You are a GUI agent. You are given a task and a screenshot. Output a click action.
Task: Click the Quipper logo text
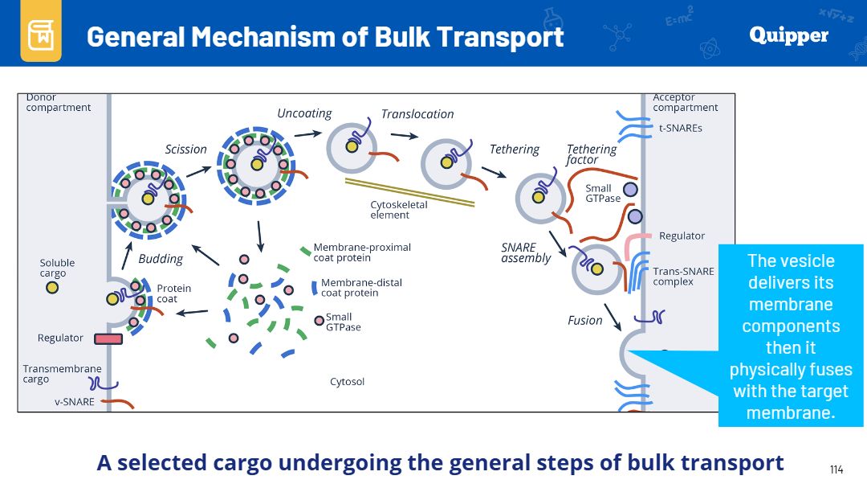pos(788,36)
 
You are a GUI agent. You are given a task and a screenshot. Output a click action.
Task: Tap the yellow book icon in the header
pos(41,34)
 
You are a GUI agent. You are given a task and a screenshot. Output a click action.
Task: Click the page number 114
pos(836,470)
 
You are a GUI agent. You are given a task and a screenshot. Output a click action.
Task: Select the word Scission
pos(185,149)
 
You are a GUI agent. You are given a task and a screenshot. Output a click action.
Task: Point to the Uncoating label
pos(304,113)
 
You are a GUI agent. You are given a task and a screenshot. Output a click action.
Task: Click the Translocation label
pos(417,114)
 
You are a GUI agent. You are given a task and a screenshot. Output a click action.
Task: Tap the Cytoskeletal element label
pos(399,209)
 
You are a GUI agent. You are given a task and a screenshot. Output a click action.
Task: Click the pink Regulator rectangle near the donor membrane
pos(108,338)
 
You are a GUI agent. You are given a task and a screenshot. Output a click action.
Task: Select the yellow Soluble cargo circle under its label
pos(52,288)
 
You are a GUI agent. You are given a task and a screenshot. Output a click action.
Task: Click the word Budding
pos(161,259)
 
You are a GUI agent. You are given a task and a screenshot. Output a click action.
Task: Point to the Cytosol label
pos(348,382)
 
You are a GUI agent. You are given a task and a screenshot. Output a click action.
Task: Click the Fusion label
pos(585,320)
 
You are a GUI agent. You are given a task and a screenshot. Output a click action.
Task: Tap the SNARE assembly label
pos(526,252)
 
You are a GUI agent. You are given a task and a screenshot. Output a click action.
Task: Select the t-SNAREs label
pos(681,128)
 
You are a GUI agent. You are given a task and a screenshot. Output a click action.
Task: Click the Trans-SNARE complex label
pos(683,277)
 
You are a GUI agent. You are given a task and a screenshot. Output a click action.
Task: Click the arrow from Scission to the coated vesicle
pos(199,172)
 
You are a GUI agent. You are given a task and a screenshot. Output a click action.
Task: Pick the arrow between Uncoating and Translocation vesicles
pos(404,135)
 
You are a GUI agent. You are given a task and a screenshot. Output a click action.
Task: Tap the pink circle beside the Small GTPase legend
pos(319,321)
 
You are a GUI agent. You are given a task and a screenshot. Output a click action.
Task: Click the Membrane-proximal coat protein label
pos(362,252)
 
